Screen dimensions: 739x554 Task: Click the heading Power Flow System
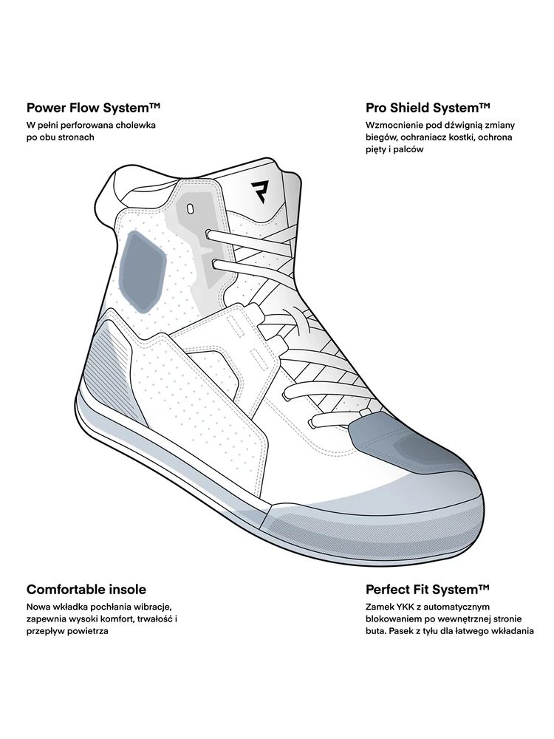click(x=94, y=108)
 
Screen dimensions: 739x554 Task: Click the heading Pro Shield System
click(x=428, y=108)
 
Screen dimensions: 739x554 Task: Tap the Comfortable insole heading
click(x=86, y=589)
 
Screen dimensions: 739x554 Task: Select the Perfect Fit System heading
click(x=428, y=589)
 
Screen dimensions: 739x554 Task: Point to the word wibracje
click(x=150, y=607)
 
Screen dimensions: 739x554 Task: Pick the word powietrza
click(x=89, y=632)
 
